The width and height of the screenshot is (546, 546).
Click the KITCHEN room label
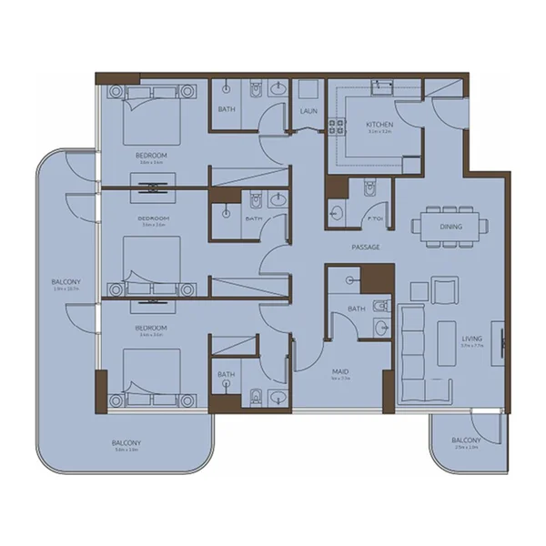[379, 124]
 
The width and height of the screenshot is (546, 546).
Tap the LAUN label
[308, 111]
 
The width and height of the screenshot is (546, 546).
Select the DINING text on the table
[450, 227]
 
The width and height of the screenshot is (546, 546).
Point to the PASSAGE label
[366, 247]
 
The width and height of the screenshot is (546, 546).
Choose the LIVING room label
[470, 339]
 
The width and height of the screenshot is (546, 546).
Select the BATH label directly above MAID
[356, 310]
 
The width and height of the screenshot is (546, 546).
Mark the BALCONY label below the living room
[465, 441]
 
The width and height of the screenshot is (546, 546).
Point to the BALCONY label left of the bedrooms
[66, 283]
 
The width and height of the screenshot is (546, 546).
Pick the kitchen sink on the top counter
[381, 87]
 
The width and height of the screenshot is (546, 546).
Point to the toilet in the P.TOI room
[369, 189]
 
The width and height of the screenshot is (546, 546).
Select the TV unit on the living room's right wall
[496, 342]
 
